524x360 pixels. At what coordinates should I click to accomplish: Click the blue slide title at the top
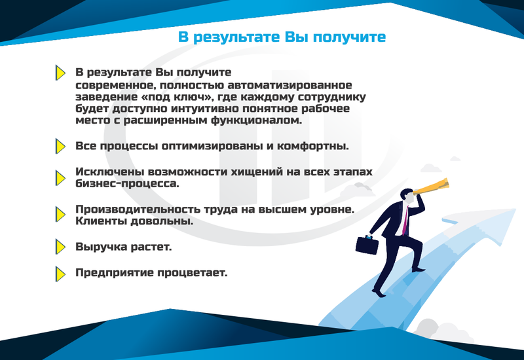pos(282,37)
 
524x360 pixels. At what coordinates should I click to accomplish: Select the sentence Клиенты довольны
pos(134,221)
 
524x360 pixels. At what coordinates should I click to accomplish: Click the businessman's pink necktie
pos(405,221)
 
